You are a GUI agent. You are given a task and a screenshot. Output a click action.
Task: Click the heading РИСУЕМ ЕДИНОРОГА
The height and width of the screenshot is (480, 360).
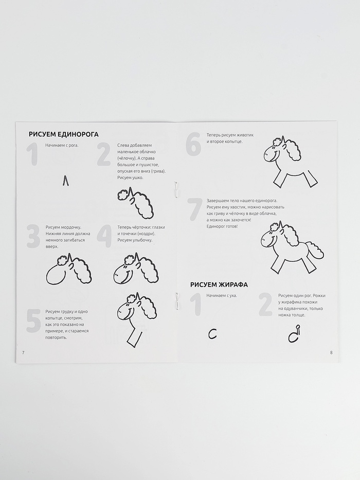click(64, 134)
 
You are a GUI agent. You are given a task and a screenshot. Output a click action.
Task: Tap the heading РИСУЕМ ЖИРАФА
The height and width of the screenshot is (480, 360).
click(219, 285)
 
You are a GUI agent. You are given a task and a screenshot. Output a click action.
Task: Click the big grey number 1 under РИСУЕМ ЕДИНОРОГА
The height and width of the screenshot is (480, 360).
click(33, 155)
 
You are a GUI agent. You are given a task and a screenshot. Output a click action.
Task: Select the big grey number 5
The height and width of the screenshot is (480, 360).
click(33, 321)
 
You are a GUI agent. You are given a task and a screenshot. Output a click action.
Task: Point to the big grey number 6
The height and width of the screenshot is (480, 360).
click(193, 144)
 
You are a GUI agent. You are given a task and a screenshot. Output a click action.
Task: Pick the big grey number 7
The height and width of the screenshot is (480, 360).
click(195, 210)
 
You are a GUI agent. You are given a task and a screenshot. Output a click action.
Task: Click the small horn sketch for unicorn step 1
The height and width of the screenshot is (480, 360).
click(65, 180)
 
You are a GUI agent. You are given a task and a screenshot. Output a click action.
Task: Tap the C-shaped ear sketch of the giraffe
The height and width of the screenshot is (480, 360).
click(212, 334)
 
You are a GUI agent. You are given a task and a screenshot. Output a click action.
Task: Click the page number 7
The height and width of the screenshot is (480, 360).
click(23, 352)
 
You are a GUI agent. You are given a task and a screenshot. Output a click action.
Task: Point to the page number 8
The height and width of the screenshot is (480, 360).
click(331, 352)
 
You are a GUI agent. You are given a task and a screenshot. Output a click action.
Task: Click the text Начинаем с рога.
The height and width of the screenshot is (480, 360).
click(62, 145)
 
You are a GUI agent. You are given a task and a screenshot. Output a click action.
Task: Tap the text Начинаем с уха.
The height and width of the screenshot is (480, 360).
click(222, 296)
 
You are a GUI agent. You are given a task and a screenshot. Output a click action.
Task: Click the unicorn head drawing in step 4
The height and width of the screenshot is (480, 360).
click(136, 268)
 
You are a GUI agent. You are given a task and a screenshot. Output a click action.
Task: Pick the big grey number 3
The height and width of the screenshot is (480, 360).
click(33, 236)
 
